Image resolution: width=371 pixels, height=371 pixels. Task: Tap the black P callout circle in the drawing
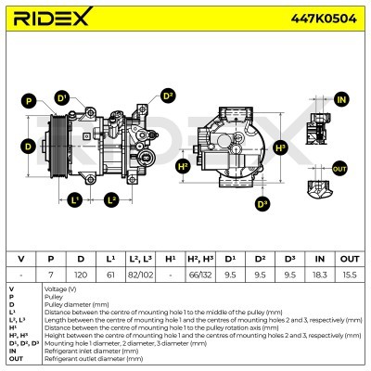pyautogui.click(x=29, y=100)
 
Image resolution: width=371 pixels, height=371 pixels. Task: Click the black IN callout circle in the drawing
pyautogui.click(x=340, y=99)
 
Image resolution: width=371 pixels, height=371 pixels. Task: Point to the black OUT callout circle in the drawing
pyautogui.click(x=339, y=169)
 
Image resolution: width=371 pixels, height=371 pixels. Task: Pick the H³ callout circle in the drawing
pyautogui.click(x=281, y=147)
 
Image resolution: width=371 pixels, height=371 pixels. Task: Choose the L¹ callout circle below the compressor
pyautogui.click(x=75, y=199)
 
